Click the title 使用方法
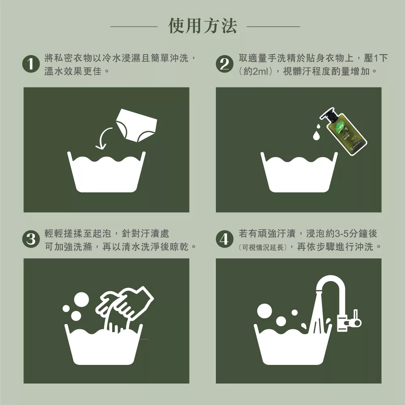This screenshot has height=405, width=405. click(202, 26)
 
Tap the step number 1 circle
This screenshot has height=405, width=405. click(31, 64)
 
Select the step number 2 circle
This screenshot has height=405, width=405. click(224, 64)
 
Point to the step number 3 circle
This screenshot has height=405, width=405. click(31, 239)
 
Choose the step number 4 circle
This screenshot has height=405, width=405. click(224, 239)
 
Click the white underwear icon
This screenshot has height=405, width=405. click(136, 126)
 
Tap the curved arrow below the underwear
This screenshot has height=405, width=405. click(102, 138)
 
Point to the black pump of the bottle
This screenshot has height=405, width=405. click(328, 114)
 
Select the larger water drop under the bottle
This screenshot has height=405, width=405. click(316, 136)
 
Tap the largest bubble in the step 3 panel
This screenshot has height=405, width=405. click(81, 300)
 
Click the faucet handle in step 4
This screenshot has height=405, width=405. click(356, 318)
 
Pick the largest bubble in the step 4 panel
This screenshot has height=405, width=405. click(264, 311)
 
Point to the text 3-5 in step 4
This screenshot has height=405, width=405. click(340, 234)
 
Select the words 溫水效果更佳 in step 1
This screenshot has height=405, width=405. click(73, 71)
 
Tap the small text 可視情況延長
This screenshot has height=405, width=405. click(263, 248)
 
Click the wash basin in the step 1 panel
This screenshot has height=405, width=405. click(106, 172)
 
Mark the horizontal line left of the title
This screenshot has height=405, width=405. click(134, 26)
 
